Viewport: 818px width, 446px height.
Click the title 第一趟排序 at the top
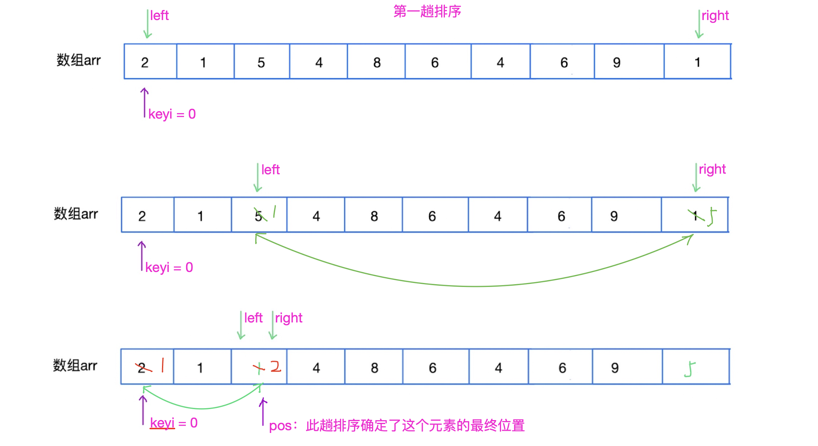(x=427, y=12)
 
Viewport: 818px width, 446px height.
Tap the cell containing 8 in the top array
(x=376, y=62)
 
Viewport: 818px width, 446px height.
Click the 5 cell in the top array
(x=261, y=62)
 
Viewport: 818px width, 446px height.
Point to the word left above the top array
(x=159, y=16)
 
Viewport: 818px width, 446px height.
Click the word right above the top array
(x=715, y=16)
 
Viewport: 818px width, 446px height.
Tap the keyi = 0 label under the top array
(x=172, y=114)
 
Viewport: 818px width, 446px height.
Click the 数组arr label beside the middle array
(x=76, y=214)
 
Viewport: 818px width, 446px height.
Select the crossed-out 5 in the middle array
(x=259, y=216)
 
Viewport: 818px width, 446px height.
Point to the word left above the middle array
(x=270, y=170)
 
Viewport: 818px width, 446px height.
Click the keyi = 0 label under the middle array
(x=169, y=268)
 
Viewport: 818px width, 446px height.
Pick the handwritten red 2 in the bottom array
(x=276, y=366)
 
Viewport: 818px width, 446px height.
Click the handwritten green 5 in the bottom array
(x=690, y=369)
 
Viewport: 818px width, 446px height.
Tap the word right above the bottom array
(x=289, y=318)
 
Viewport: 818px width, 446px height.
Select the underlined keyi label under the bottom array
(x=162, y=423)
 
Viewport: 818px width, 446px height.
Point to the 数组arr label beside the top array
(x=79, y=60)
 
